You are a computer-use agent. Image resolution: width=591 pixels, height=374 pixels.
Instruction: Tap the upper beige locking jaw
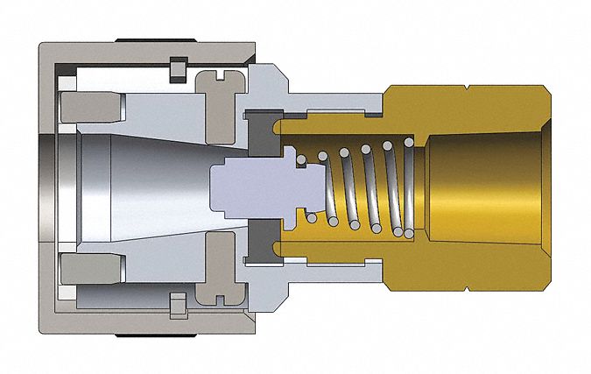90,109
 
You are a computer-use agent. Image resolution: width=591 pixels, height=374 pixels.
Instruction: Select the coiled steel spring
359,187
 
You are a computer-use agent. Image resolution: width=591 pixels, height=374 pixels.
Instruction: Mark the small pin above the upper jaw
178,66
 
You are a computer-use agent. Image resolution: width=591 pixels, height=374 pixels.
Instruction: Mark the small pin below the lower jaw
178,307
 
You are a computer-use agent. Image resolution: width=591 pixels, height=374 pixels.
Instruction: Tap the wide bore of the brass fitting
490,187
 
